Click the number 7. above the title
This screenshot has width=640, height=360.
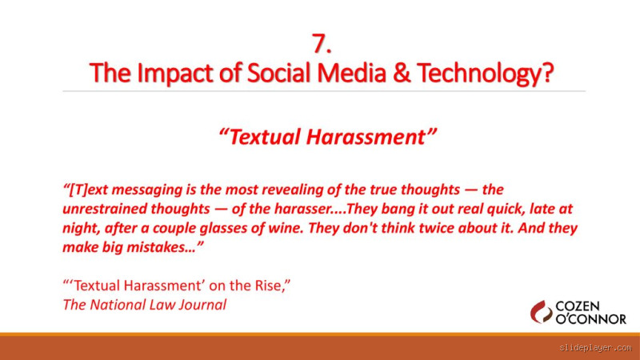322,44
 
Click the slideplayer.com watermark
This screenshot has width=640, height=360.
594,348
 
